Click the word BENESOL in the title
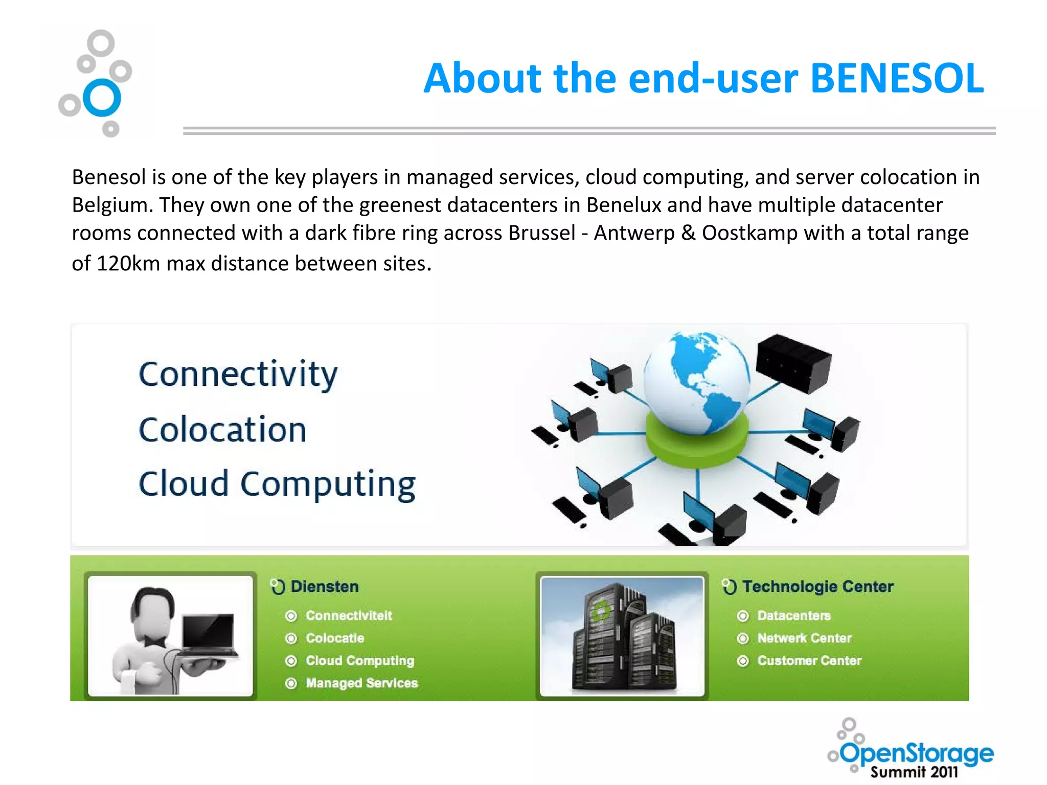pos(897,79)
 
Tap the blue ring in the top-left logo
pos(102,98)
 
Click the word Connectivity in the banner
pos(238,374)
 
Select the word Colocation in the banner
pos(223,429)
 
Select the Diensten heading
pos(324,586)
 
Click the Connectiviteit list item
pos(349,615)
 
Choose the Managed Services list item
pos(361,683)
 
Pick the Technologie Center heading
pos(817,586)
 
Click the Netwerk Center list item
pos(804,638)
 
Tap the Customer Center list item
pos(809,660)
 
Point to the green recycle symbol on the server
pos(600,611)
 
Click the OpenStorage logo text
pos(917,752)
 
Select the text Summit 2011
pos(914,772)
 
